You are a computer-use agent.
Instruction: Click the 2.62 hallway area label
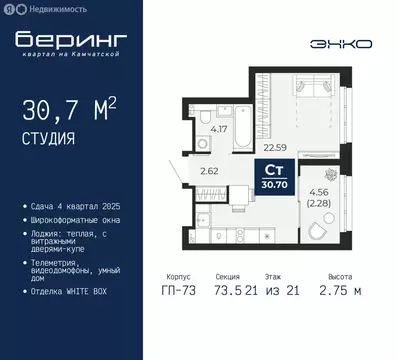tap(209, 170)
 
